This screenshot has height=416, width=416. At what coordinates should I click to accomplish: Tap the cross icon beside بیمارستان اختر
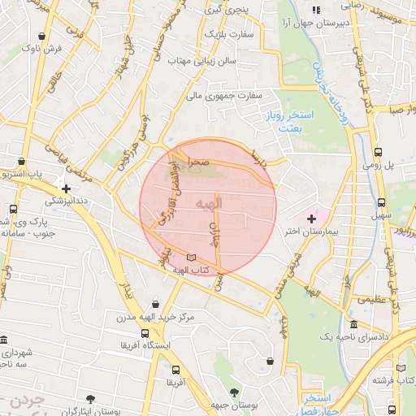tap(311, 219)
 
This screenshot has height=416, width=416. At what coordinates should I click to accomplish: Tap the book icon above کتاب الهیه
tap(191, 258)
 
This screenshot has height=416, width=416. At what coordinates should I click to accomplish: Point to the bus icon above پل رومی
tap(378, 152)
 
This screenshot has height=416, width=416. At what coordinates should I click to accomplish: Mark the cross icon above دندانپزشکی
tap(66, 188)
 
